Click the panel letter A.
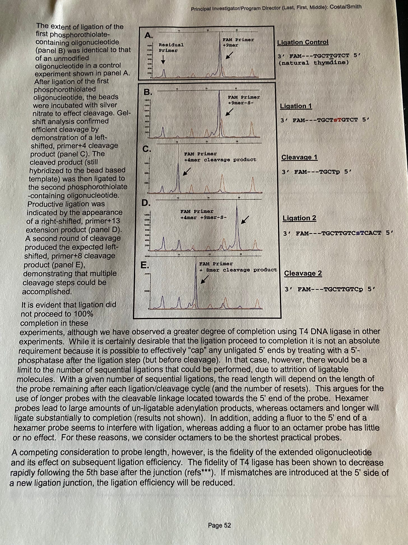(148, 35)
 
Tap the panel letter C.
(147, 149)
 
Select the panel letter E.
(145, 265)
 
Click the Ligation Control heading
(303, 42)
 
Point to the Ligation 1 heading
(296, 106)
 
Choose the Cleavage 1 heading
(299, 157)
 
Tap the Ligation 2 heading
(299, 218)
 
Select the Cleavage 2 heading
(303, 273)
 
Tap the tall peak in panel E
(196, 284)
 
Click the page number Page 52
(219, 526)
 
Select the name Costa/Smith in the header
(345, 7)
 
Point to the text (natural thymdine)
(314, 63)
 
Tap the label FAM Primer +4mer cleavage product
(220, 157)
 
